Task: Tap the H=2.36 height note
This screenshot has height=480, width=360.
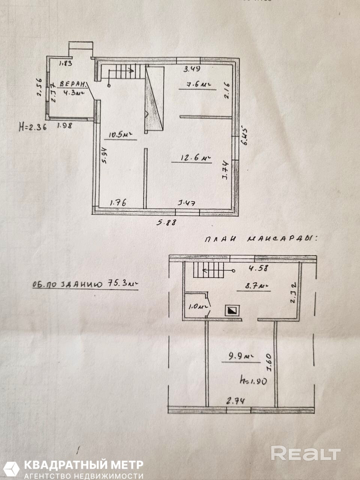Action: click(x=33, y=127)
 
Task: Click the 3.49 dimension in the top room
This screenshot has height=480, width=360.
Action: click(x=192, y=69)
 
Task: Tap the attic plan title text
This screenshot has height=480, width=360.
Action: click(x=260, y=238)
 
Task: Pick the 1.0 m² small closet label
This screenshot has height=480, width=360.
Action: click(x=196, y=306)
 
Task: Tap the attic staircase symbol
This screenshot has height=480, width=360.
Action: click(x=208, y=270)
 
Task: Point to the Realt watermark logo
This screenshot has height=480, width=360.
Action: click(x=306, y=454)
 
